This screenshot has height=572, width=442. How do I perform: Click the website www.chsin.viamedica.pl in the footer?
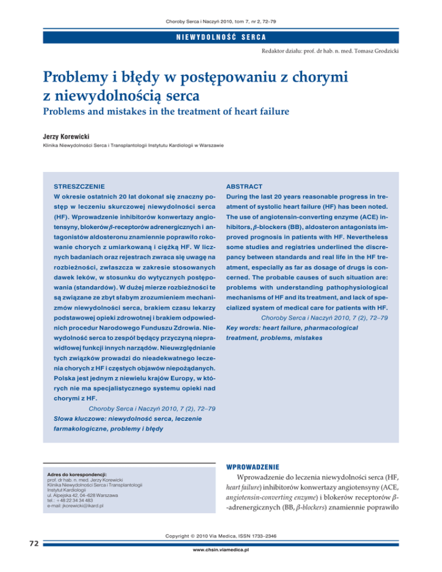[x=221, y=566]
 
